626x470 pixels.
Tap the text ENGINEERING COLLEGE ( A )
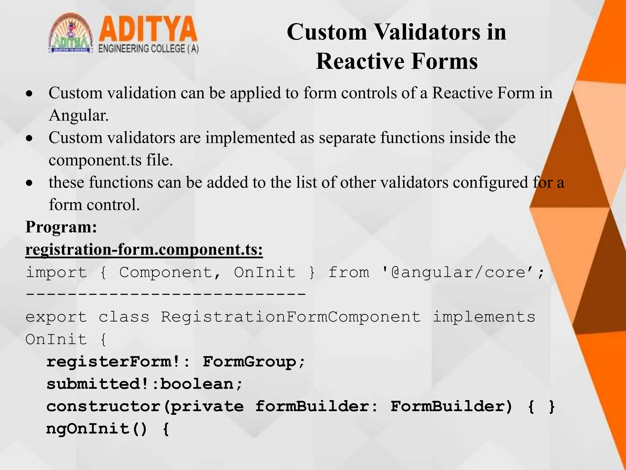(x=149, y=49)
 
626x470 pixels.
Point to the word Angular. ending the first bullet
(x=79, y=115)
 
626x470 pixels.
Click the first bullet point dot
(x=29, y=94)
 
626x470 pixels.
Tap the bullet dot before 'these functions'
(x=29, y=183)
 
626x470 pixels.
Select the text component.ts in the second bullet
(x=95, y=160)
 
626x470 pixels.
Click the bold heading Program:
(x=61, y=227)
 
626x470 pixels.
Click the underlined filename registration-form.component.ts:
(x=144, y=250)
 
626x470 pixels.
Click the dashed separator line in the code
(x=165, y=294)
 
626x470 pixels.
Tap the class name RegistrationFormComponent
(x=291, y=317)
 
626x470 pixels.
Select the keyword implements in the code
(x=484, y=317)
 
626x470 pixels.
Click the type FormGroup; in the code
(x=254, y=362)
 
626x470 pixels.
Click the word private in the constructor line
(x=207, y=407)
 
